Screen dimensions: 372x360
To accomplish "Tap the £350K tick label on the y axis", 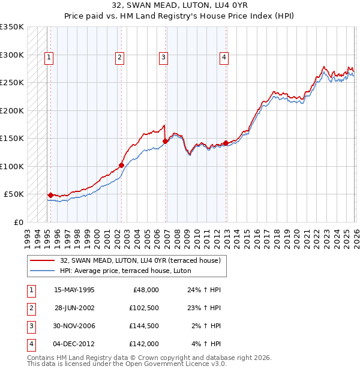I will coord(12,27).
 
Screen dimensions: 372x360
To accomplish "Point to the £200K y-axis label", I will coord(12,110).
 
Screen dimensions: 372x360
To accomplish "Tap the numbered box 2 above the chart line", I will coord(120,58).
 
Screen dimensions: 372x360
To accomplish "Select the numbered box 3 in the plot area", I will coord(163,58).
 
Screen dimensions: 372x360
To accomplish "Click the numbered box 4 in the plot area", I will coord(223,58).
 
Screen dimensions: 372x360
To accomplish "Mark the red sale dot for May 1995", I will coord(50,195).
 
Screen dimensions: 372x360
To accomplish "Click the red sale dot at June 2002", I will coord(121,165).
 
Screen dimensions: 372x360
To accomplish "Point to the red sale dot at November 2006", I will coord(165,142).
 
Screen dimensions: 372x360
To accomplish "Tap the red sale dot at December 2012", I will coord(226,143).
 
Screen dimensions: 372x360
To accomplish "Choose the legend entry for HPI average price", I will coord(125,271).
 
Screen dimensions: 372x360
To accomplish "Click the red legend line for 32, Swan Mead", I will coord(42,260).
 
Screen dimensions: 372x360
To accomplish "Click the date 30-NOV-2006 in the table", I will coord(74,326).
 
